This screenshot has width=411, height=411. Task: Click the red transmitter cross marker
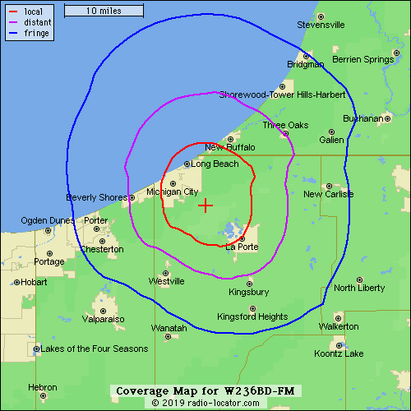point(205,205)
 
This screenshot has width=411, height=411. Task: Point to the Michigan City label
point(173,192)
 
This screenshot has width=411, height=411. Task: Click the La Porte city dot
point(242,240)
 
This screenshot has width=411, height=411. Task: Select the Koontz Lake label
point(339,353)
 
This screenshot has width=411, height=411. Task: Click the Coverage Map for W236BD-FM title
point(205,390)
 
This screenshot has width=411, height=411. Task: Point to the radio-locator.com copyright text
point(205,404)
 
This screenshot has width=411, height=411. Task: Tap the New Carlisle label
point(328,194)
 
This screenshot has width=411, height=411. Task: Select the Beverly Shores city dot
point(132,198)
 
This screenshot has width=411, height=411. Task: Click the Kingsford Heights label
point(252,316)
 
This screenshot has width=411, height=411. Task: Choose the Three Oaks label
point(284,125)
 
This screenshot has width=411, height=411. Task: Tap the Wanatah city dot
point(168,335)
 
